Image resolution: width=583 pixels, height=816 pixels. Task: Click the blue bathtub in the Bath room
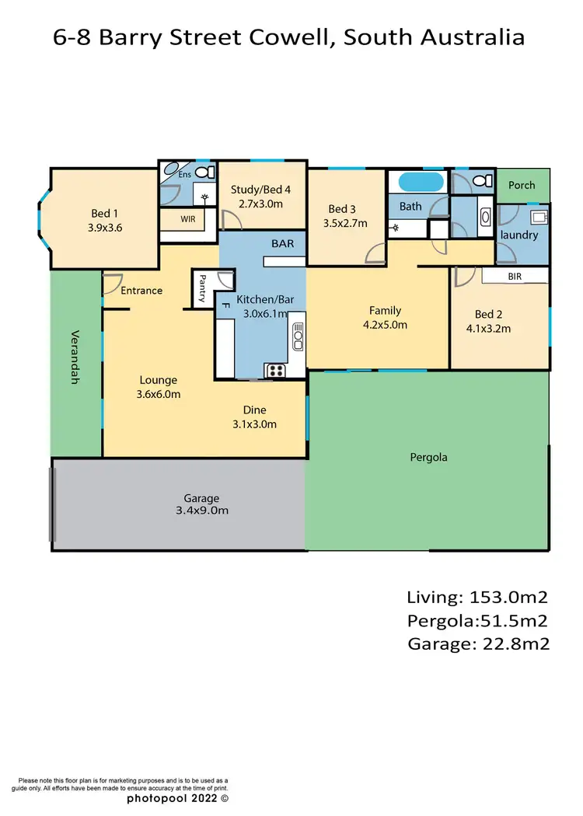(x=421, y=183)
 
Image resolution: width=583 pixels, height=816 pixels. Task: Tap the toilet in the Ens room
(x=204, y=173)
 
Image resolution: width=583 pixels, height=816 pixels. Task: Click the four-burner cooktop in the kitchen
(x=276, y=370)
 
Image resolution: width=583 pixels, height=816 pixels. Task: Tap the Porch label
(x=522, y=185)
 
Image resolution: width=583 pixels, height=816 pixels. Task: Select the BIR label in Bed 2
(x=515, y=276)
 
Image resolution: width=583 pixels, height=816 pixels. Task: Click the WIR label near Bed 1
(x=187, y=219)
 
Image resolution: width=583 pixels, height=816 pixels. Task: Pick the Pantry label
(x=202, y=288)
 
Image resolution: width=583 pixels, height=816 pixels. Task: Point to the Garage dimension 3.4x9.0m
(x=201, y=511)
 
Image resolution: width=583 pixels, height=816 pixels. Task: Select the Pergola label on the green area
(x=428, y=457)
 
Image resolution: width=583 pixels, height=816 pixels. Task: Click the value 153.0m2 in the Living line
(x=509, y=598)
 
